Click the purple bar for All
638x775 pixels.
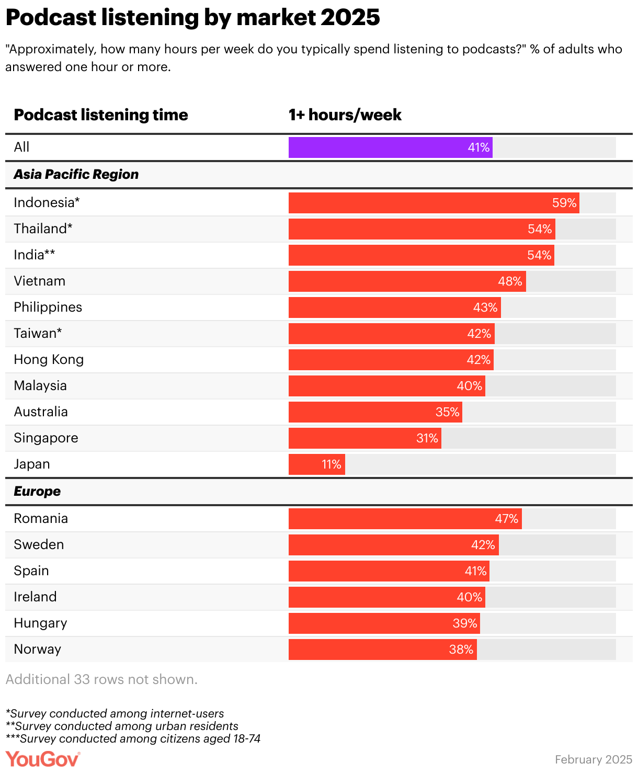click(390, 147)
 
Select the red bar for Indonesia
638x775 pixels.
click(433, 203)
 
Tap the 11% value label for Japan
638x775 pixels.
click(332, 464)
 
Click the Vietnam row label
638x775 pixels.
click(40, 281)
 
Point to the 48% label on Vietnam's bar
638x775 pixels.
click(510, 281)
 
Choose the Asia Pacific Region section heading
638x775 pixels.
click(76, 175)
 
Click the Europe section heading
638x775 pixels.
click(37, 492)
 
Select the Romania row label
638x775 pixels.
click(41, 519)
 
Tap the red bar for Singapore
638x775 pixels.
click(364, 438)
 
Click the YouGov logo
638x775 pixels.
click(43, 759)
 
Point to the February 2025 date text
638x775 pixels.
click(594, 759)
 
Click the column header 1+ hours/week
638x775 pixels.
click(345, 115)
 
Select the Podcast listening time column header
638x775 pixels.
click(101, 115)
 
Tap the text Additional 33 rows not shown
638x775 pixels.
click(101, 679)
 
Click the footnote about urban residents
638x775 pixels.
click(122, 726)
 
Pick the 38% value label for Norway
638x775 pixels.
click(461, 649)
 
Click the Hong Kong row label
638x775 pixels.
click(49, 360)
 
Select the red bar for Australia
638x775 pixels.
click(375, 412)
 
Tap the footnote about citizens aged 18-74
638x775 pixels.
click(133, 739)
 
